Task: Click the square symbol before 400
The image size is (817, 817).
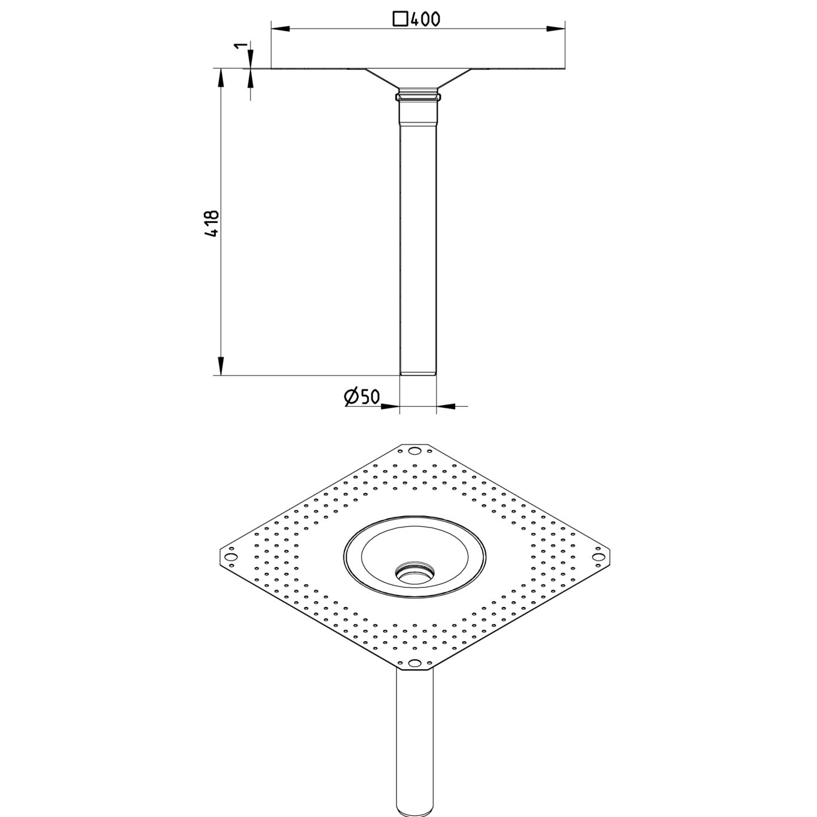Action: point(400,19)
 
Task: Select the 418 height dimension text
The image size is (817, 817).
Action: point(212,224)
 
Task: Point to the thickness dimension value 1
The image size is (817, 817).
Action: point(240,47)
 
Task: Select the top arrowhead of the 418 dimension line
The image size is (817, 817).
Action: point(221,77)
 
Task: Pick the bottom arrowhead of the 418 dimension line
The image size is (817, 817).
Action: point(221,366)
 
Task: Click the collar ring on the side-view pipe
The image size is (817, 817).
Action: point(418,96)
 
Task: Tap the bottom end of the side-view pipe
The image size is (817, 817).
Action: point(418,373)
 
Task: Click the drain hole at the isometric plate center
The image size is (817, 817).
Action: point(414,572)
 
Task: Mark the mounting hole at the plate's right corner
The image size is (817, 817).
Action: point(597,557)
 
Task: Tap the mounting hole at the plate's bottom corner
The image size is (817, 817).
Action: point(414,663)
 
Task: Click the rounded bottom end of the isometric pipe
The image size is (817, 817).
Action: point(414,807)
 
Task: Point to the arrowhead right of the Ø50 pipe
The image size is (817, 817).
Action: point(446,406)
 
